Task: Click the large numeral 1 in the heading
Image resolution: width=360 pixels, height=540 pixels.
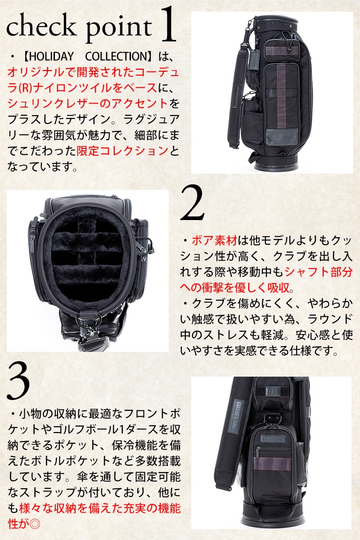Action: (167, 24)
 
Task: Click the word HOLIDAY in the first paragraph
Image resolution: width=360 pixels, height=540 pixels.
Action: (52, 56)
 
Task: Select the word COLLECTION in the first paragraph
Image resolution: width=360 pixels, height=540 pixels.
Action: (116, 56)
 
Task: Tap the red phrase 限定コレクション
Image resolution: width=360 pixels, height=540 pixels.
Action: (122, 151)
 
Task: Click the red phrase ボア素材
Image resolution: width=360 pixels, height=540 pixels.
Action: (215, 241)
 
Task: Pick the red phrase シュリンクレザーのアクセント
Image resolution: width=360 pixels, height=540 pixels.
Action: (88, 103)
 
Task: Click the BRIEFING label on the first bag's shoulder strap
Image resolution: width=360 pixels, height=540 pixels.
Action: (234, 97)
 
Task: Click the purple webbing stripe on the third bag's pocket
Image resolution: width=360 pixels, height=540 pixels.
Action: (272, 463)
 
